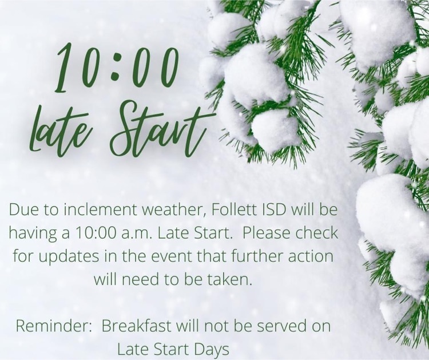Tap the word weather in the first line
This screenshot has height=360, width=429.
coord(170,211)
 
